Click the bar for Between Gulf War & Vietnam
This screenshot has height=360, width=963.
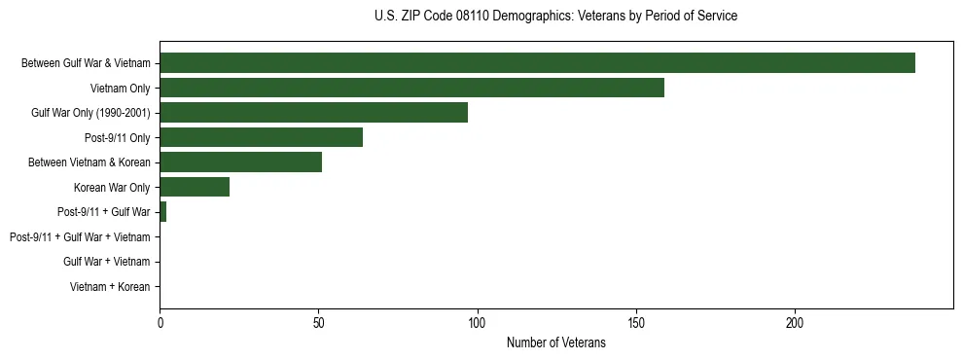point(537,63)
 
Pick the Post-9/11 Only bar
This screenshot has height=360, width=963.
point(261,137)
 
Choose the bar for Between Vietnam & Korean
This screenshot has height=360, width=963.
point(240,162)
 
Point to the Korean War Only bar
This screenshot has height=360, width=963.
point(195,187)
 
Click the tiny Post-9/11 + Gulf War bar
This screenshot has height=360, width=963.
point(162,212)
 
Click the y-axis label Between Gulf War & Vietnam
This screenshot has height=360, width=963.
point(86,63)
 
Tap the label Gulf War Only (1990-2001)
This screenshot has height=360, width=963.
point(90,113)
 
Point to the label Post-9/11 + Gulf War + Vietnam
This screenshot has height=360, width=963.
point(80,237)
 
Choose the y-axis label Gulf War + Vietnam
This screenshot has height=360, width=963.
point(107,262)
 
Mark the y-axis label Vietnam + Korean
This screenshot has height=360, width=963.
point(110,287)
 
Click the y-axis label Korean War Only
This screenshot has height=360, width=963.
point(112,188)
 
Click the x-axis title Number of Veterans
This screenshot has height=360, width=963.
point(555,342)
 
